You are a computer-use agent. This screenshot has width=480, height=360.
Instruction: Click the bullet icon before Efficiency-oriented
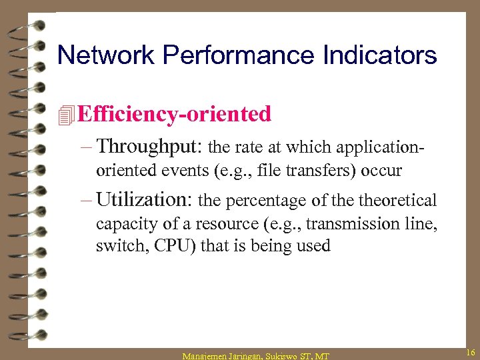[65, 115]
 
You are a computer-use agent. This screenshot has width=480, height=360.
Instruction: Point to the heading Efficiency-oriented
[174, 115]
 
